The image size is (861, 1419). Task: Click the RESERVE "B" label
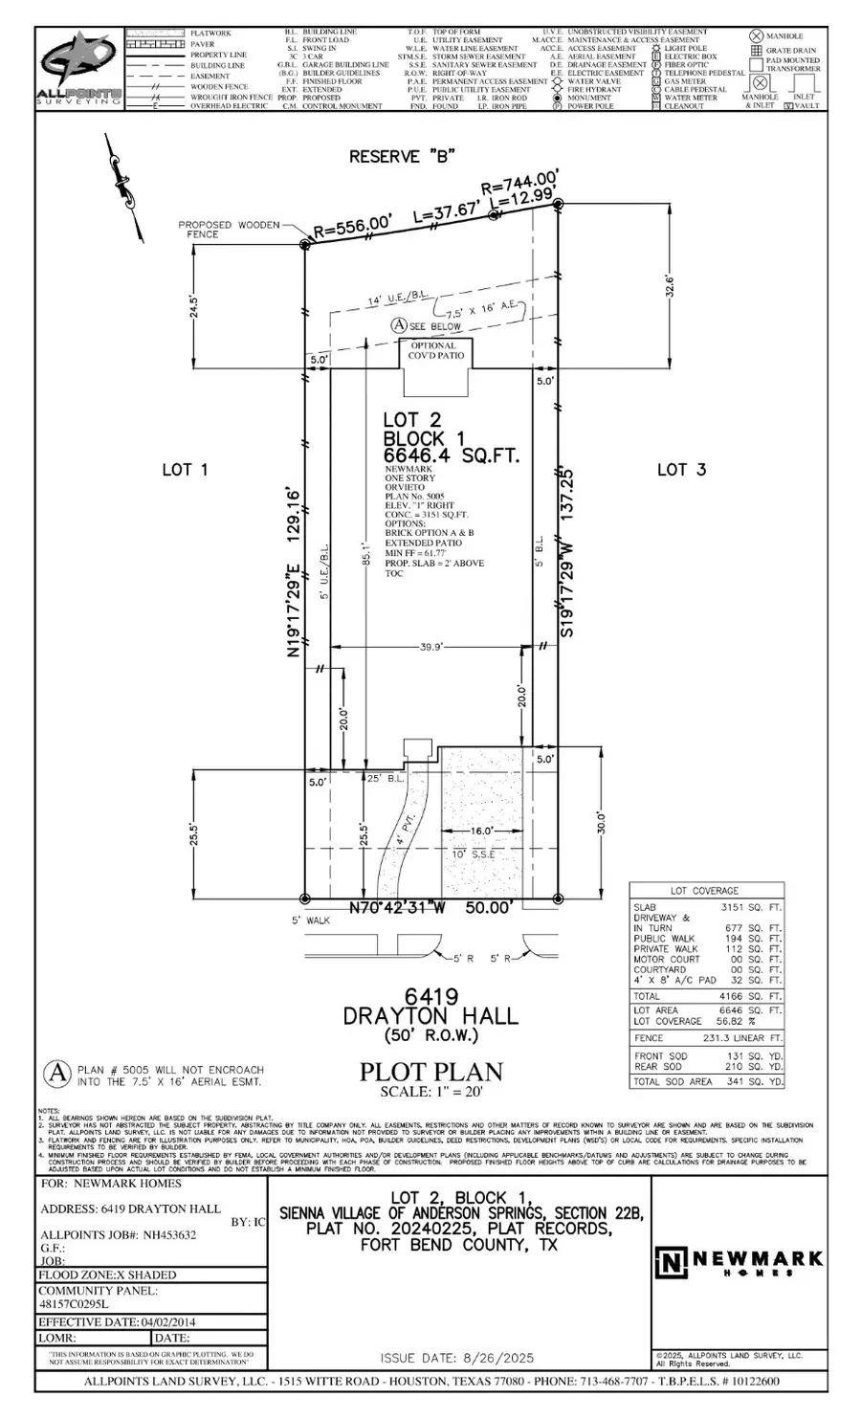402,156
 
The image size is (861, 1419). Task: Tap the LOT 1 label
184,469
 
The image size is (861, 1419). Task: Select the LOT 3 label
681,469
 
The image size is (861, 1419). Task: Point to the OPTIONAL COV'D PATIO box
433,351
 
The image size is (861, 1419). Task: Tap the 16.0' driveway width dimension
480,831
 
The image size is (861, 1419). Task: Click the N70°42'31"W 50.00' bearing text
434,906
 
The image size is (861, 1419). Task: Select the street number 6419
430,996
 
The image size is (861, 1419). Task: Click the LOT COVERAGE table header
706,891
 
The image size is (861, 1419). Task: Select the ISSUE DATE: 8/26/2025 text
456,1359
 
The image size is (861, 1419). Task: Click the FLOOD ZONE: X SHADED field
107,1275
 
